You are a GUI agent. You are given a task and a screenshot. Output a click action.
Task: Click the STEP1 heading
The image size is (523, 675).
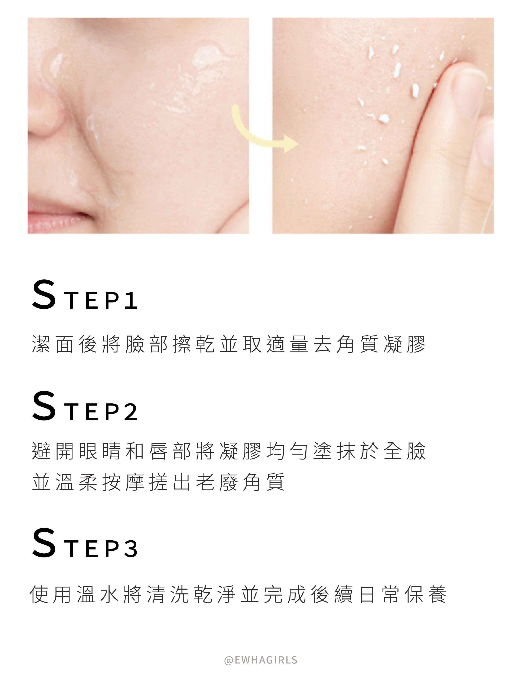tap(85, 295)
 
